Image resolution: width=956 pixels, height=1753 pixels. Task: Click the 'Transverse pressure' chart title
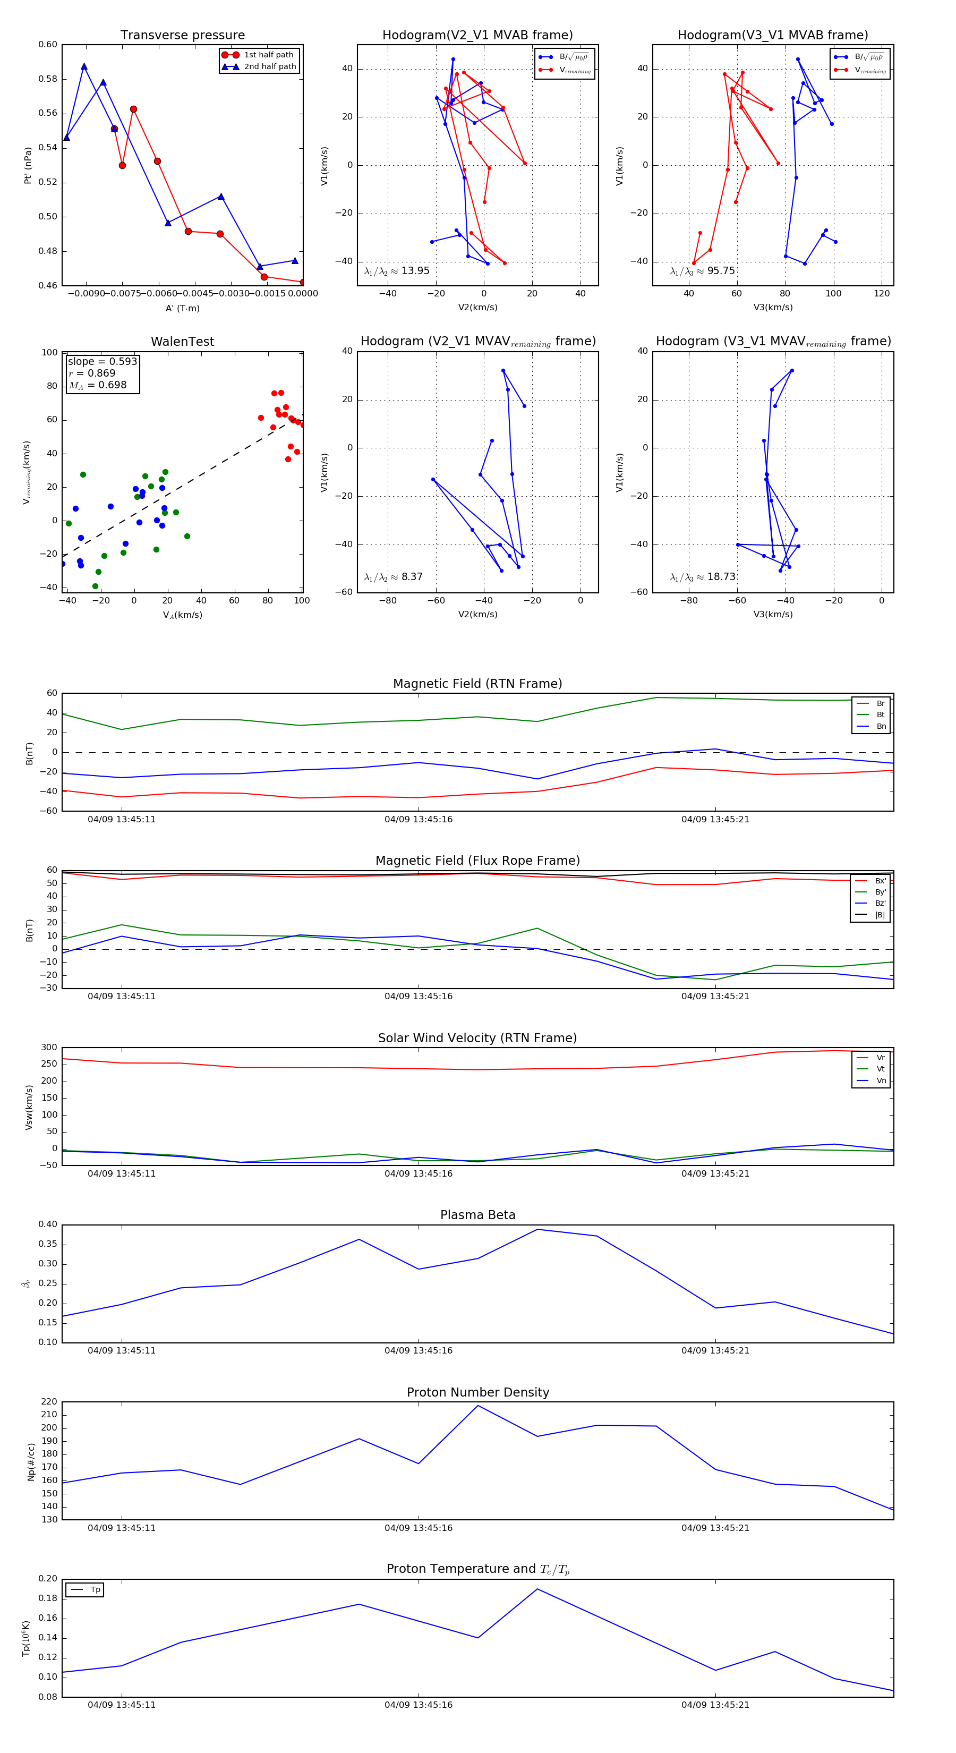click(182, 36)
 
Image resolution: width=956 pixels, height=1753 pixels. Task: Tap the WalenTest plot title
click(182, 342)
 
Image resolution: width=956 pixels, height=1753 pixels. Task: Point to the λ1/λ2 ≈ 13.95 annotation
click(397, 271)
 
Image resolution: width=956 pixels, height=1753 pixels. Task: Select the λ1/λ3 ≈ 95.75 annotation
click(702, 271)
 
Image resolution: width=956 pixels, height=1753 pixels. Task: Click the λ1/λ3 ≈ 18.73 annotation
click(702, 577)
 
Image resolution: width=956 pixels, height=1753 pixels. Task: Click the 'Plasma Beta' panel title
click(477, 1215)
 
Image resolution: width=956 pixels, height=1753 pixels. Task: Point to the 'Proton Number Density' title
click(477, 1392)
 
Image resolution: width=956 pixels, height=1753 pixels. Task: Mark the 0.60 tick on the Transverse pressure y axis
click(48, 45)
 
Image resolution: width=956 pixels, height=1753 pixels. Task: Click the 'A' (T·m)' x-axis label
click(182, 308)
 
